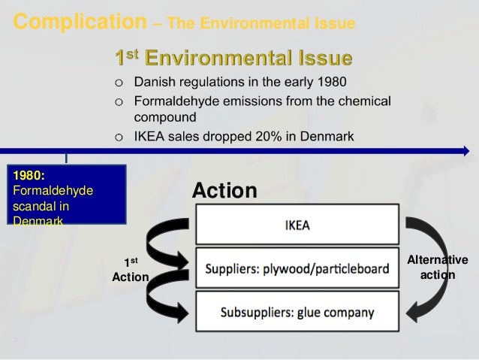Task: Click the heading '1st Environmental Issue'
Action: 232,57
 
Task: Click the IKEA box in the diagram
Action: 297,224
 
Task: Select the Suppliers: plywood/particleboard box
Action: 297,267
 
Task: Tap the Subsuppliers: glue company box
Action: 297,310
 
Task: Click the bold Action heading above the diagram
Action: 224,192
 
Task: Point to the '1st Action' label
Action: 130,270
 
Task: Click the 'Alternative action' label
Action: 437,268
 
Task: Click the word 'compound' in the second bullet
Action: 165,117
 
